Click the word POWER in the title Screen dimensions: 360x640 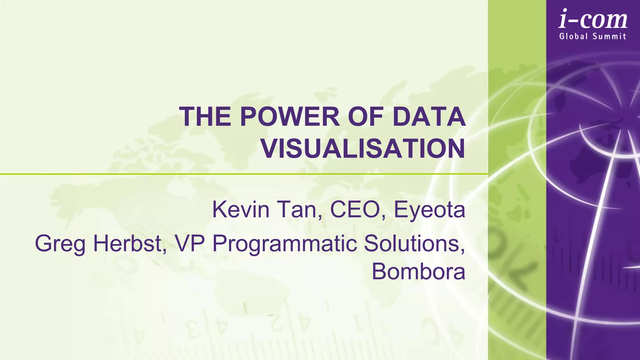[290, 117]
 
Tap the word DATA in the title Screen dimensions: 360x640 [429, 117]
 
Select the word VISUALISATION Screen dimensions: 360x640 [363, 149]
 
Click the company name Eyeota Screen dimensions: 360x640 [429, 210]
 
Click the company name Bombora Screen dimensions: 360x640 [418, 271]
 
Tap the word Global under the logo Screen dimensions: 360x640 [573, 36]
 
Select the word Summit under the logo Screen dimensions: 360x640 [609, 36]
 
